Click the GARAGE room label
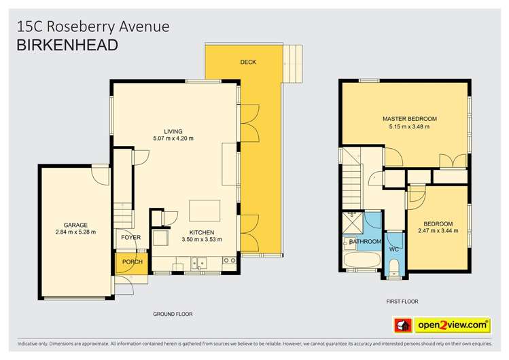75,225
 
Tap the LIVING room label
173,131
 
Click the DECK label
248,62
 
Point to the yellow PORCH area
132,262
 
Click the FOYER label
130,237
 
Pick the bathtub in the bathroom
359,261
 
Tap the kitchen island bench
202,209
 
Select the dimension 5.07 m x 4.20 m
173,139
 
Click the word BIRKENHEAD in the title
67,45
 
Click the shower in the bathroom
353,222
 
